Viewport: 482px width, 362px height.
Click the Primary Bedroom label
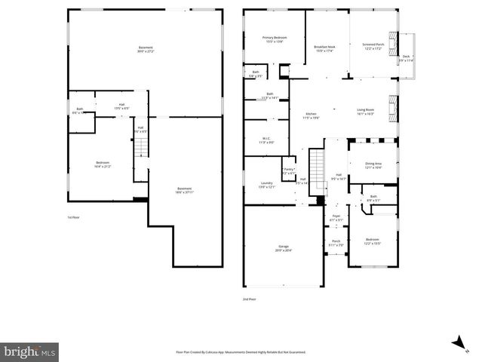pyautogui.click(x=275, y=39)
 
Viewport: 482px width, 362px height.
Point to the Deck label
pyautogui.click(x=406, y=58)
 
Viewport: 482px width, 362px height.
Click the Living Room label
pyautogui.click(x=366, y=112)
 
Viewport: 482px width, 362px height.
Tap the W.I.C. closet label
pyautogui.click(x=267, y=140)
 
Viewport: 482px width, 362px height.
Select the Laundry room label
pyautogui.click(x=267, y=184)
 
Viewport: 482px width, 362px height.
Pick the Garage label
pyautogui.click(x=284, y=247)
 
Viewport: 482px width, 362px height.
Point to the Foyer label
pyautogui.click(x=336, y=217)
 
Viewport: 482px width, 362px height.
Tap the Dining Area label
pyautogui.click(x=373, y=164)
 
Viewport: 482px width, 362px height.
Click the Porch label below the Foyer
pyautogui.click(x=336, y=243)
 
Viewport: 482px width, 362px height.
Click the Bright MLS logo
pyautogui.click(x=30, y=351)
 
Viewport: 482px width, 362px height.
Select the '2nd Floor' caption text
pyautogui.click(x=249, y=299)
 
